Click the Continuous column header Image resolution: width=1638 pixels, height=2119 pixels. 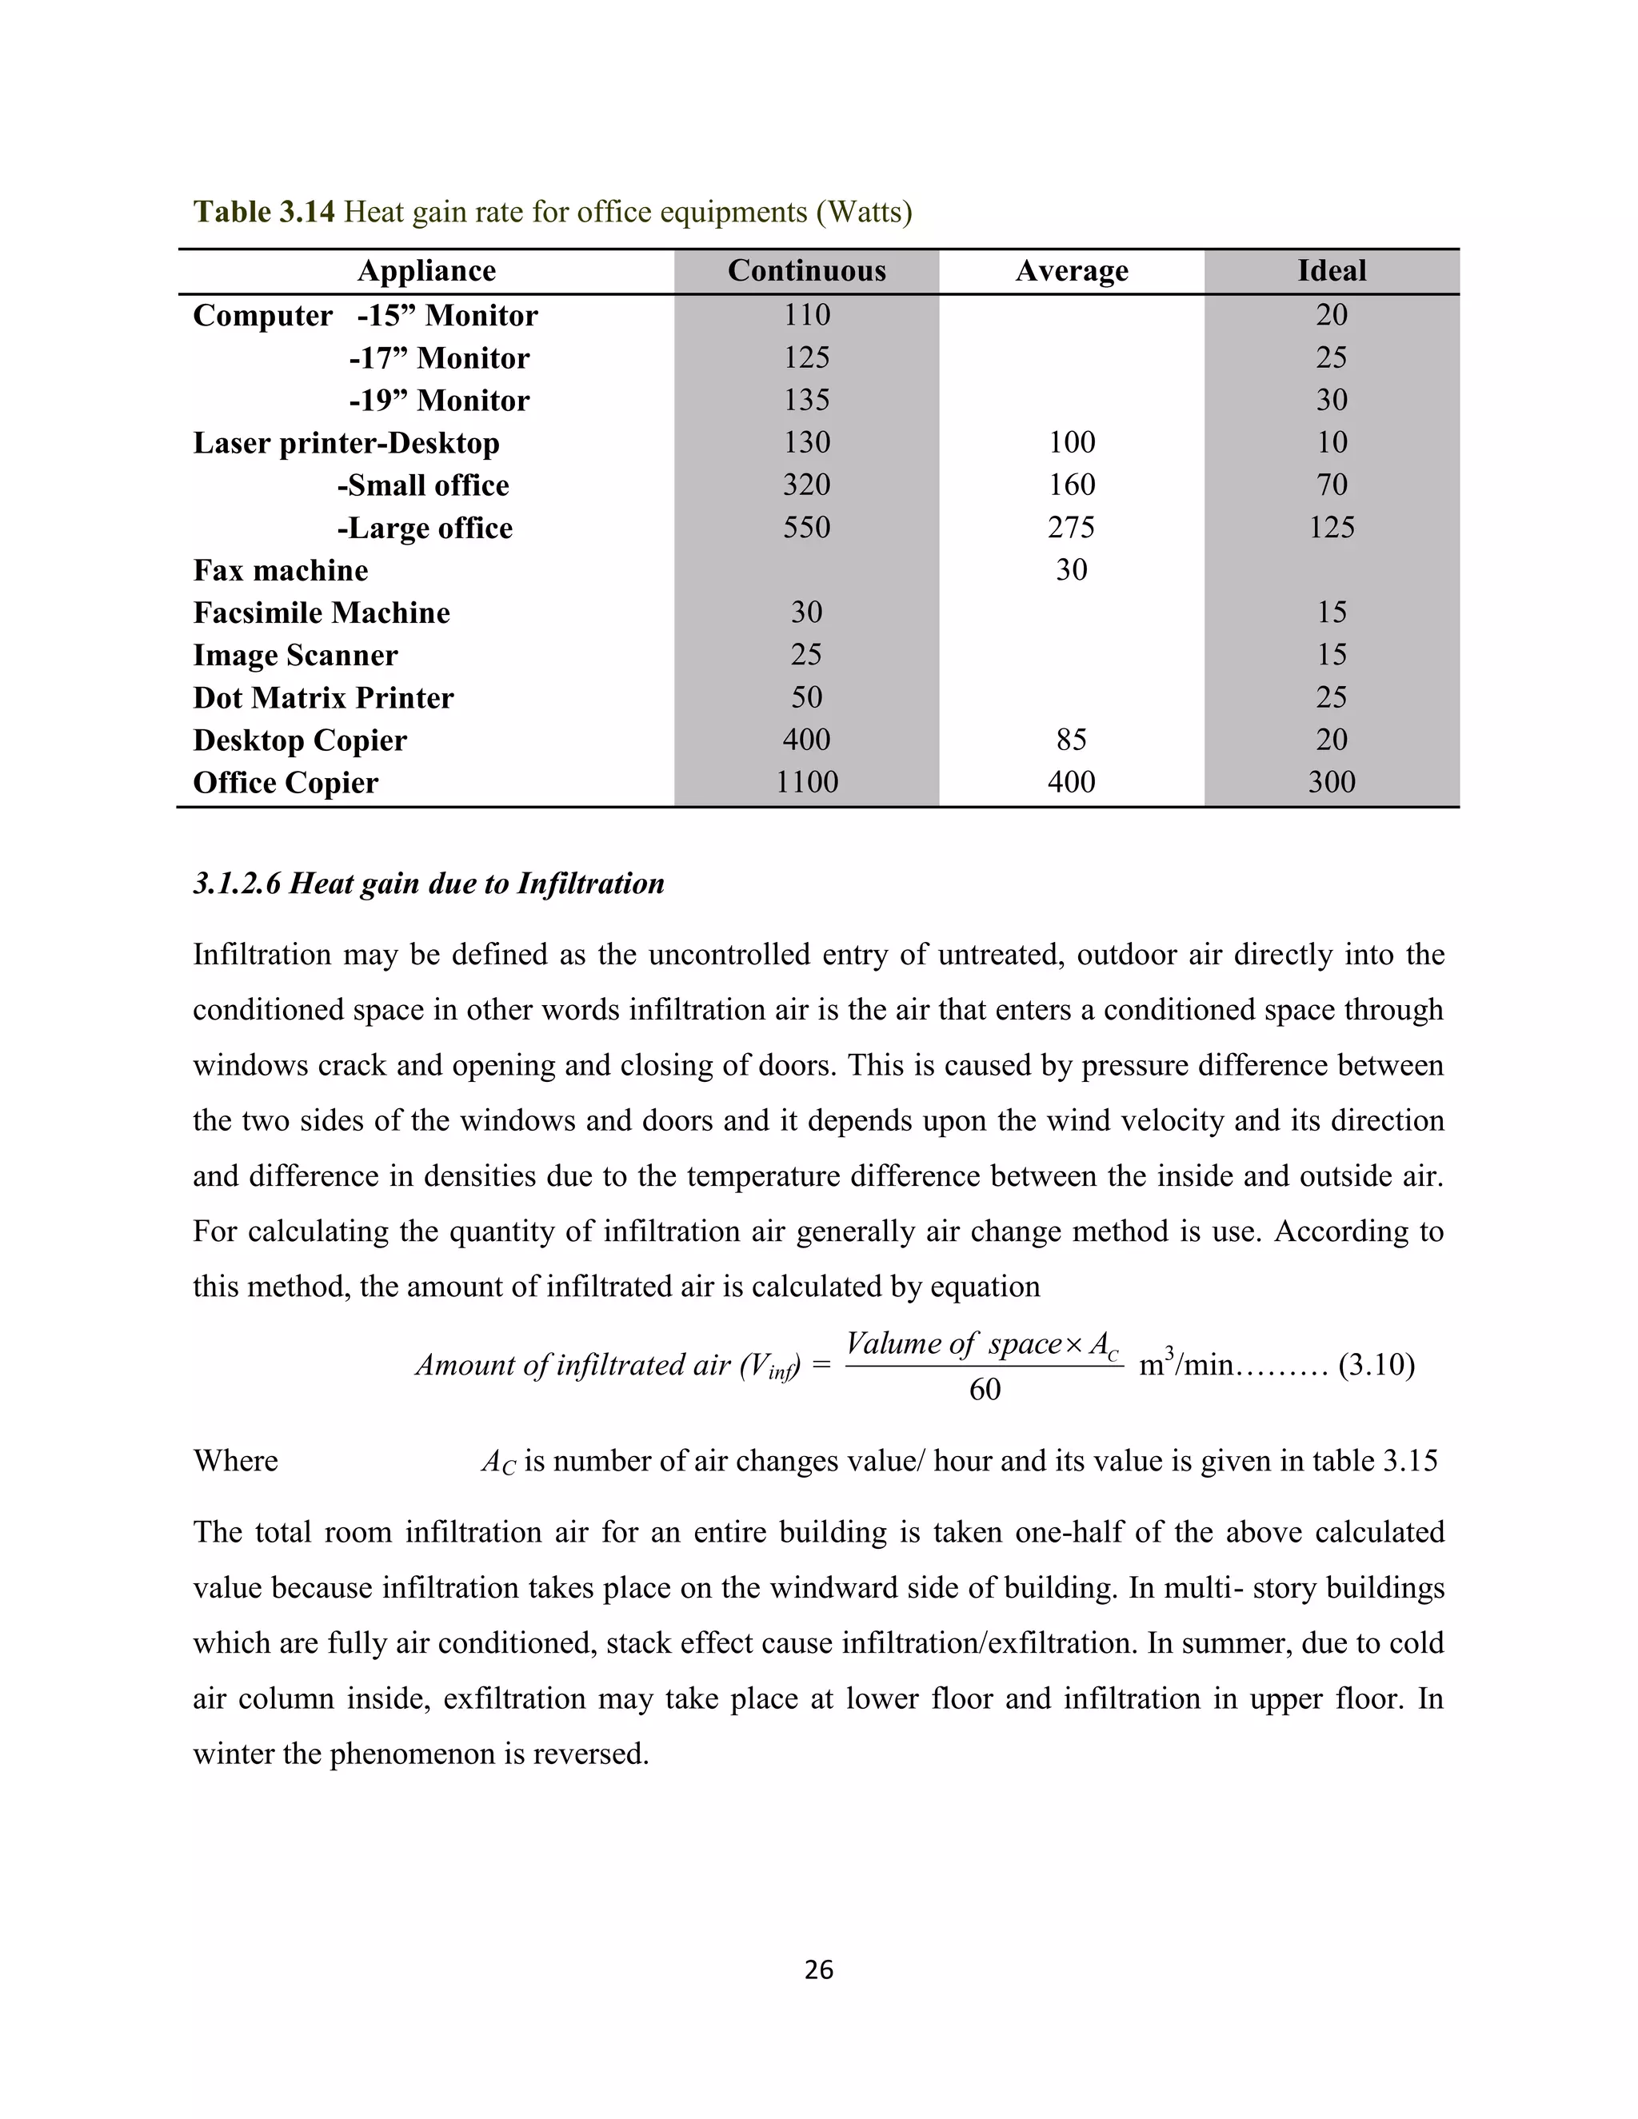[806, 271]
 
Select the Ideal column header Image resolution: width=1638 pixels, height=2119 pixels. [1332, 271]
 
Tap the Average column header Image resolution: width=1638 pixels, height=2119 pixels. [1071, 271]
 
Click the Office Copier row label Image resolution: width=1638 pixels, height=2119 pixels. [286, 783]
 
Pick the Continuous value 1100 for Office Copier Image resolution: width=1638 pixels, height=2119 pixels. [806, 782]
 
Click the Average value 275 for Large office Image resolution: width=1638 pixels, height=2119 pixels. [1071, 527]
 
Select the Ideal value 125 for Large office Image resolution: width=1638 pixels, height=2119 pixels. [1332, 527]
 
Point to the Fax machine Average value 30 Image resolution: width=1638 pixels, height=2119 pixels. [1071, 569]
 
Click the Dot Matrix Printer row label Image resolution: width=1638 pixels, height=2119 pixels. [323, 697]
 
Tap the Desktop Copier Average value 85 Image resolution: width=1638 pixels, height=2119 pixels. [1071, 740]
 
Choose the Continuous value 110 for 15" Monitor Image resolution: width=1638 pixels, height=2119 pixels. [806, 314]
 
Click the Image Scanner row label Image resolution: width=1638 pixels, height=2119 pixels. [295, 655]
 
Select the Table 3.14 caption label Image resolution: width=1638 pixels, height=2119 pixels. [264, 212]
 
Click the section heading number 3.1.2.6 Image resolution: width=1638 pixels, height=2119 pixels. [237, 884]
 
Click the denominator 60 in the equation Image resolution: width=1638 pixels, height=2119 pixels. [984, 1391]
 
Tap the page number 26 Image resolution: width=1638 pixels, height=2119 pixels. [819, 1969]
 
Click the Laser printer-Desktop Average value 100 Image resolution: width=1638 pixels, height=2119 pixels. [1071, 442]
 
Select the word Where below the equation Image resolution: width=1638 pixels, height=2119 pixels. [235, 1461]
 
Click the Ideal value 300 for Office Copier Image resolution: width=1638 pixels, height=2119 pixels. [1332, 782]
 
